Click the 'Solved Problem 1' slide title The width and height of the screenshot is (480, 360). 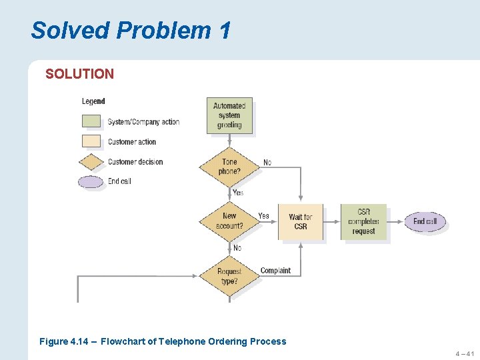[x=131, y=30]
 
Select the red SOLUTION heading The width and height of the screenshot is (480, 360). [x=79, y=74]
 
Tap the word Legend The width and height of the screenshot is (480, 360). [x=93, y=101]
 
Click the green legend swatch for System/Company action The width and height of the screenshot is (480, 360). [x=91, y=121]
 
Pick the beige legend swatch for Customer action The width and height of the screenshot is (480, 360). [x=91, y=141]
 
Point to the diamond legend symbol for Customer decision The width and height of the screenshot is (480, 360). [x=91, y=161]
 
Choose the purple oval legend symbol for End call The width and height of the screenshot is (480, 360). [x=91, y=181]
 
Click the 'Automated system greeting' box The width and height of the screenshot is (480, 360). [x=229, y=115]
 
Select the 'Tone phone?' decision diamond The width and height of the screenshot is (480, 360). [x=229, y=167]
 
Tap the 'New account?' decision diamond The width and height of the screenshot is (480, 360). [x=229, y=221]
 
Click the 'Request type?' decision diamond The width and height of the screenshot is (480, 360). [x=229, y=276]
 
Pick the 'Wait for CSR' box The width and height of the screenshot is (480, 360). [x=301, y=222]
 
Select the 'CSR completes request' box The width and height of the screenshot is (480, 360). [x=363, y=221]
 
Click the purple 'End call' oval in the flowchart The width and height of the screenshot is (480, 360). [x=425, y=221]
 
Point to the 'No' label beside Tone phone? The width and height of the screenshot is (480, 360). [x=267, y=163]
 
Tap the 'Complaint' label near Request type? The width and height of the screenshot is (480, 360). [x=275, y=271]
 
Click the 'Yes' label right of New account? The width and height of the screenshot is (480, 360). [x=264, y=216]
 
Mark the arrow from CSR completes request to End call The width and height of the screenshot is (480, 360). [x=396, y=221]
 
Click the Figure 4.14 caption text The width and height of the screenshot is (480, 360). [x=163, y=341]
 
